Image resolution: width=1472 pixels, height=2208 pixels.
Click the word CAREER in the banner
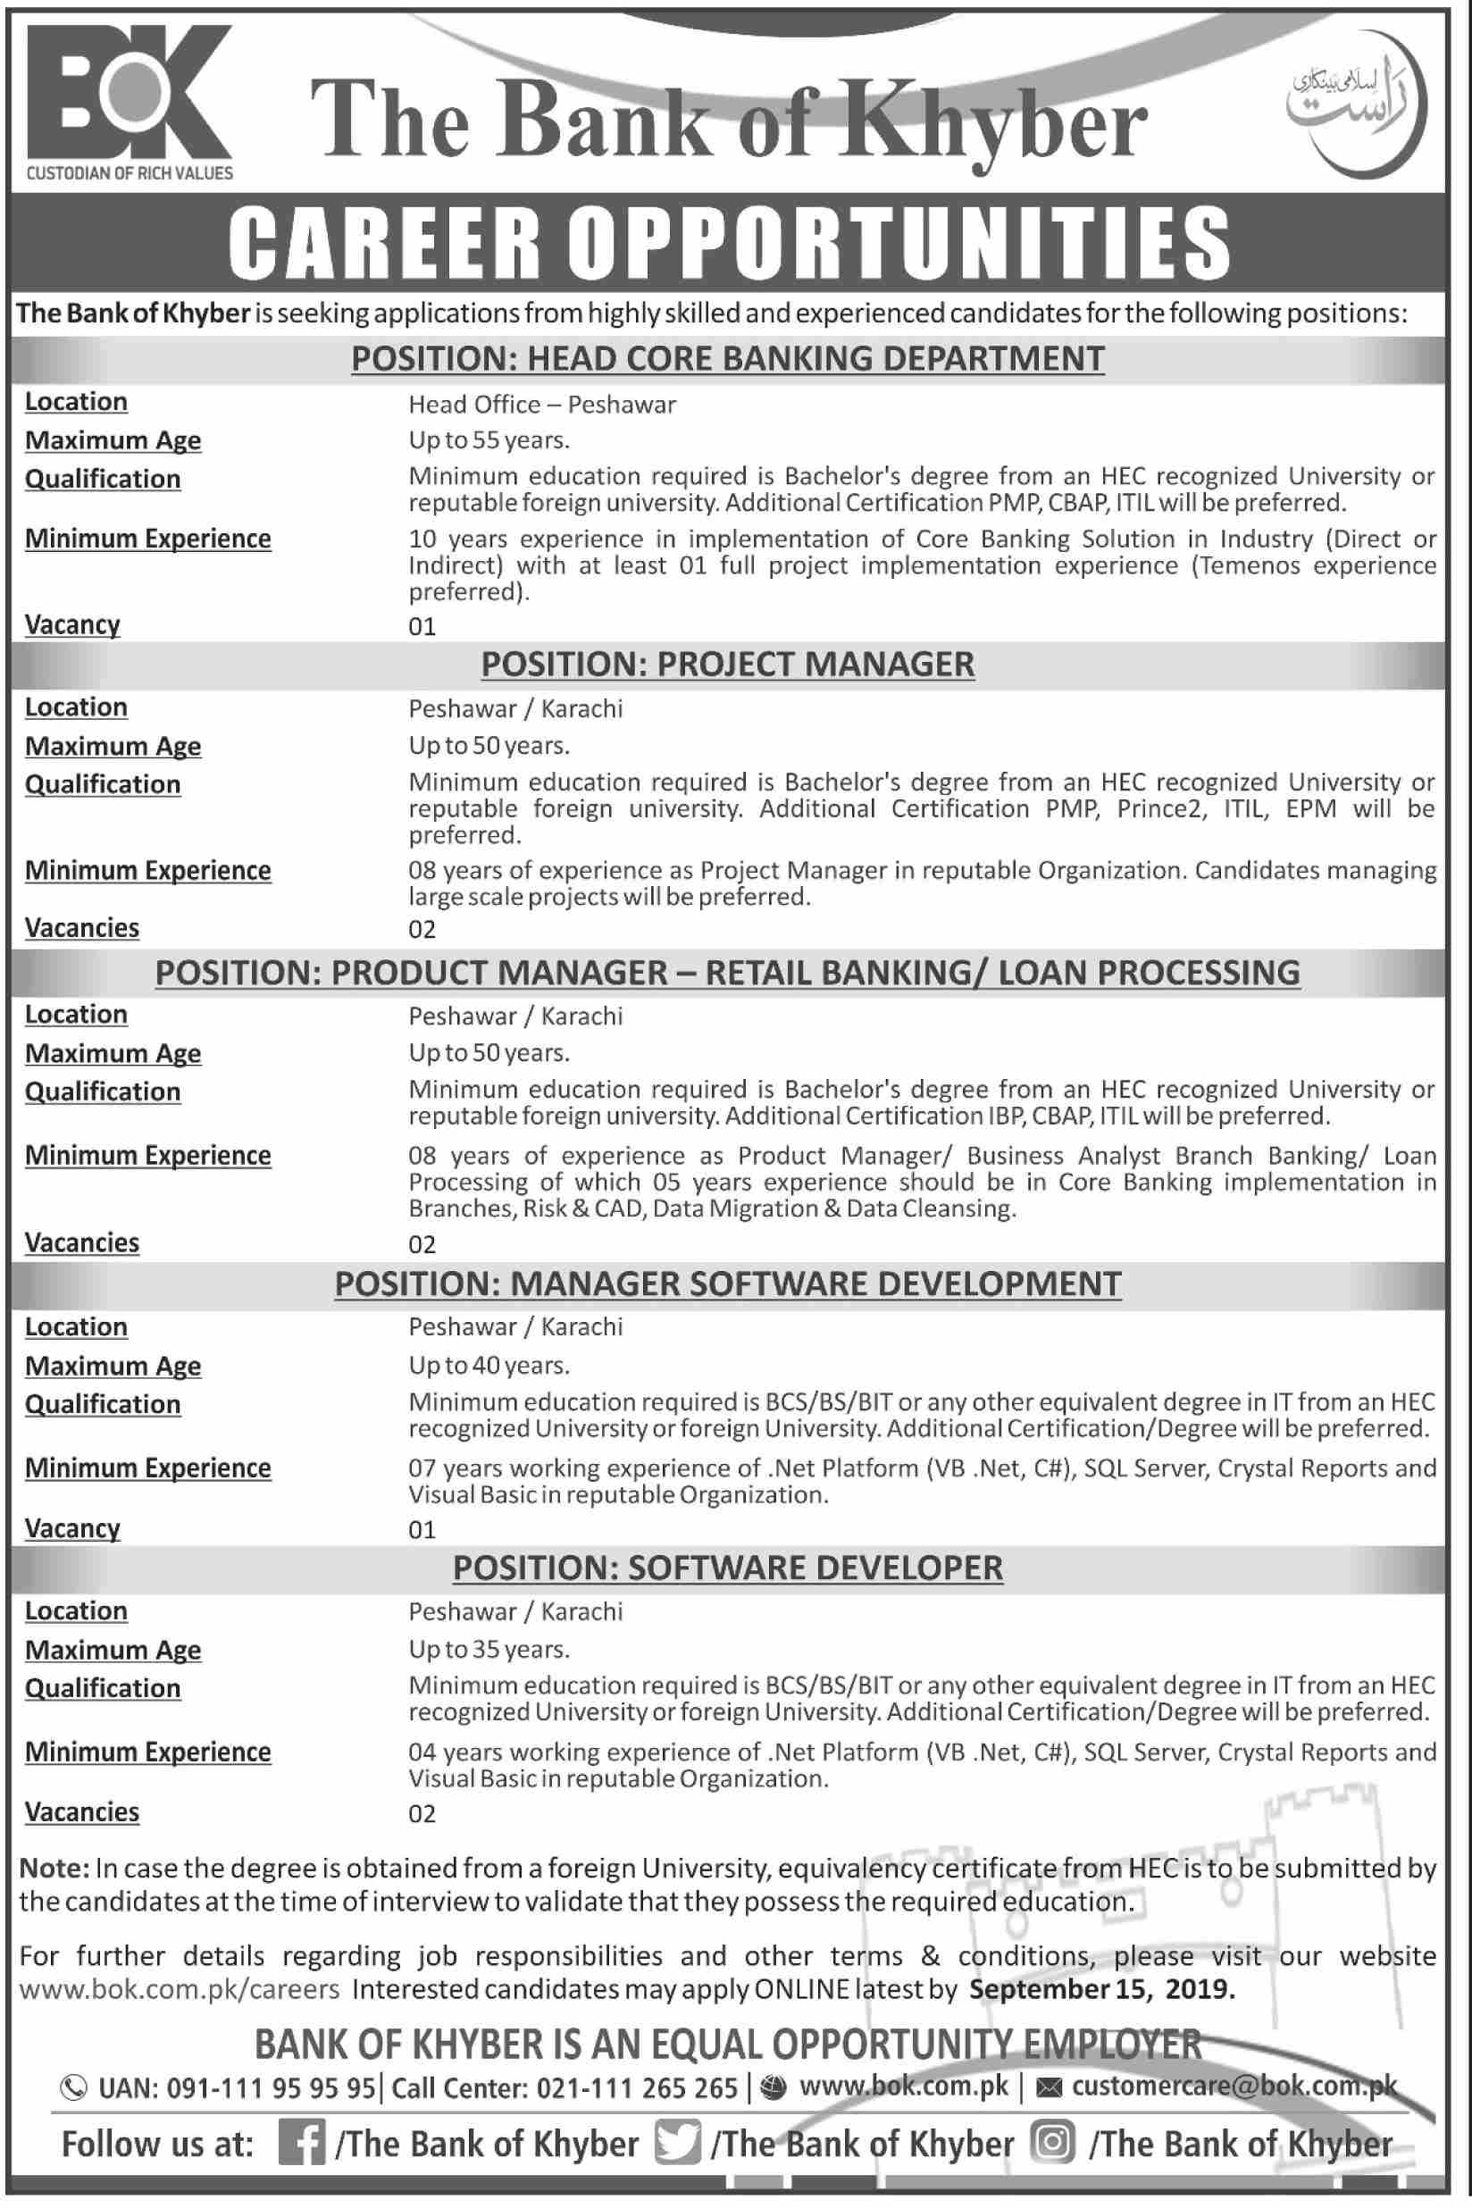(385, 243)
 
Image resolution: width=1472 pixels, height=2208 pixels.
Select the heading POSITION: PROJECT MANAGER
(728, 665)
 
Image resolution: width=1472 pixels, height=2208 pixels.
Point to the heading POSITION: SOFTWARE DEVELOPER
(728, 1568)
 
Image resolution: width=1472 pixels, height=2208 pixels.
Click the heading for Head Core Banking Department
(728, 358)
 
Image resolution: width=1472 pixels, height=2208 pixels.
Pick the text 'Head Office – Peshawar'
(541, 405)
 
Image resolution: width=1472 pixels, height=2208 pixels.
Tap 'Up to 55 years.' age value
(489, 440)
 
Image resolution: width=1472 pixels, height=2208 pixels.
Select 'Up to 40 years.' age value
(489, 1365)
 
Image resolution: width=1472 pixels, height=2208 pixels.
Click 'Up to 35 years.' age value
(489, 1650)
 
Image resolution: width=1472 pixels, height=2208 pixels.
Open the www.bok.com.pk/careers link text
(180, 1989)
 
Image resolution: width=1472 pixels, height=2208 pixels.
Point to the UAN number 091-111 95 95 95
(271, 2087)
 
